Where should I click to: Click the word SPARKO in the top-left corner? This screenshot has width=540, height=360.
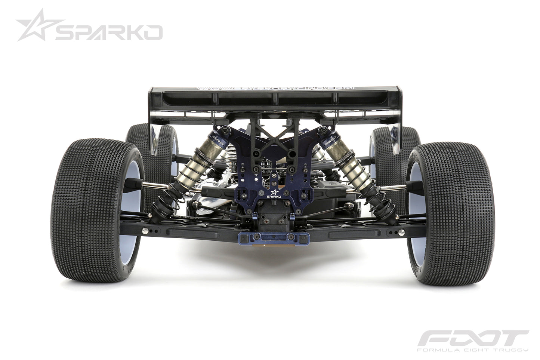click(x=108, y=33)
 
